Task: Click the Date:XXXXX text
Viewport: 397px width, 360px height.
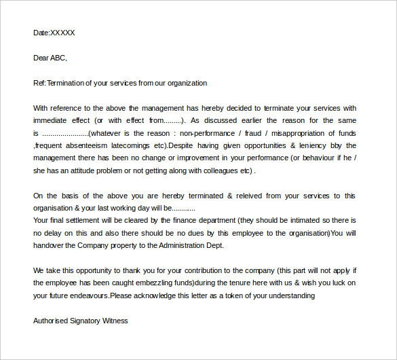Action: (x=54, y=33)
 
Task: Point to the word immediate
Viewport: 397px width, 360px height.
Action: (x=53, y=120)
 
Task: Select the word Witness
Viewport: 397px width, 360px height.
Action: (x=115, y=321)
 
